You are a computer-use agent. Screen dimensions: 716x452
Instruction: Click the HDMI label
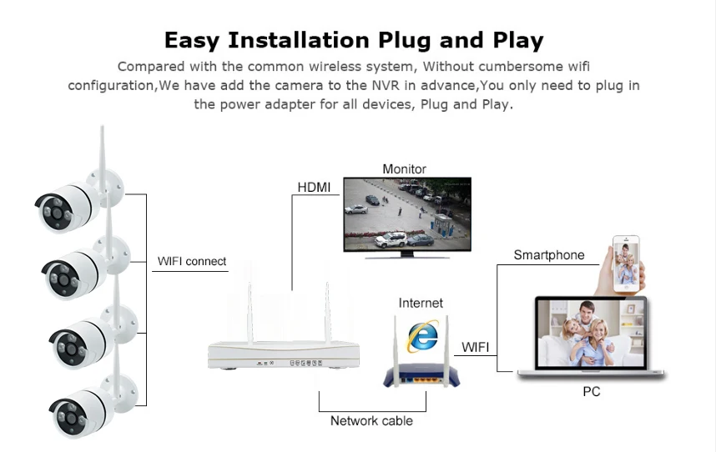pos(314,186)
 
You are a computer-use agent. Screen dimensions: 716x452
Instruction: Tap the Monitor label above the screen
pos(404,169)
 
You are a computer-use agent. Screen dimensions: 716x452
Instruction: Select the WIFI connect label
pos(192,261)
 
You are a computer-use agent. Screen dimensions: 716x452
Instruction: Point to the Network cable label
pos(371,420)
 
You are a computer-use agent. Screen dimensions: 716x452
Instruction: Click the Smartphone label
pos(548,255)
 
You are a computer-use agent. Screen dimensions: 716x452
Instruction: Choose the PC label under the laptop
pos(591,391)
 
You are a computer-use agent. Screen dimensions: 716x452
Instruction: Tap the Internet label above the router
pos(421,303)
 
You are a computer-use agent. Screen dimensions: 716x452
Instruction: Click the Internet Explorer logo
pos(421,334)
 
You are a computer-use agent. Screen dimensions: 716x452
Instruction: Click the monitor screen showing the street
pos(407,213)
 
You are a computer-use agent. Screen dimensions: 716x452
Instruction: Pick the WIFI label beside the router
pos(476,345)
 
